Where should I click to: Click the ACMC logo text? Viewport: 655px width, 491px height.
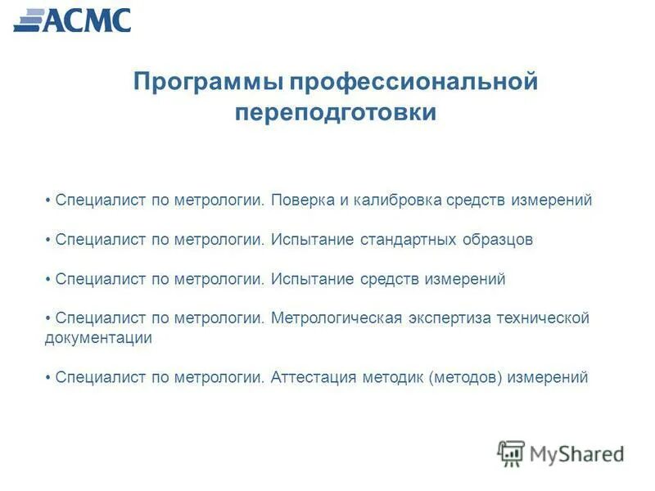tap(86, 20)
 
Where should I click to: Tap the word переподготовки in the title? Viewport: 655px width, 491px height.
tap(336, 112)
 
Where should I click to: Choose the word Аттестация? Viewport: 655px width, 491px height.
tap(314, 377)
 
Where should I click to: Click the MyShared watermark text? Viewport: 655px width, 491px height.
tap(576, 453)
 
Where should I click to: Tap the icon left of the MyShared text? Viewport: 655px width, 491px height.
tap(511, 453)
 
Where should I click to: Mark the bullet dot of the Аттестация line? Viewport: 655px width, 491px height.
tap(49, 378)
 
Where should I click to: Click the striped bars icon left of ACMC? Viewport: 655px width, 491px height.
tap(29, 20)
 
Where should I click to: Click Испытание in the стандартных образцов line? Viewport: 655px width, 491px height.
tap(312, 240)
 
